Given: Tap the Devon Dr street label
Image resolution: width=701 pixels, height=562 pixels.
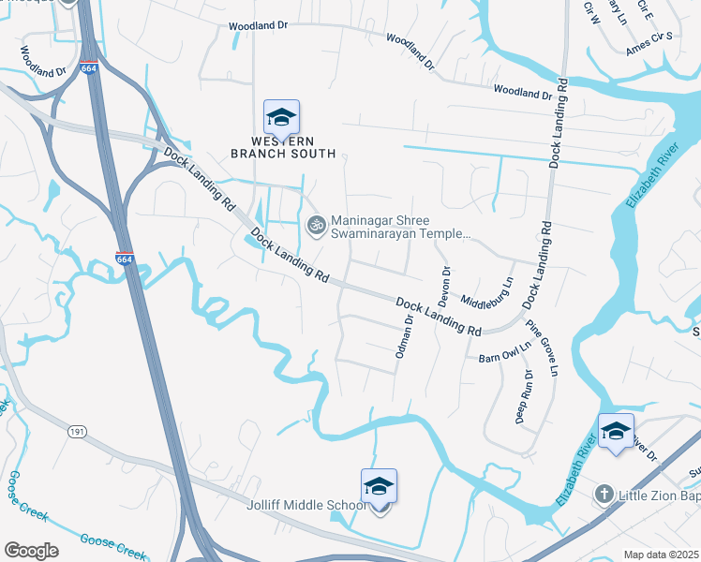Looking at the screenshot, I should click(444, 285).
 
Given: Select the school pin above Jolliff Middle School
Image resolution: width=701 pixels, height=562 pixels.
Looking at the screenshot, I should click(379, 487).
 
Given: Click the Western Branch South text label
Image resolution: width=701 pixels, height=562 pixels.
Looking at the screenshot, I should click(281, 147).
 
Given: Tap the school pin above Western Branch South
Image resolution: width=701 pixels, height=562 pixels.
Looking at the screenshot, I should click(281, 119).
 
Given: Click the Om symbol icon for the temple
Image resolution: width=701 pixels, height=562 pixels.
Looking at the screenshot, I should click(316, 224).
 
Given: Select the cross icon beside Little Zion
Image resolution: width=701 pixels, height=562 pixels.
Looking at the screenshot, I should click(604, 494).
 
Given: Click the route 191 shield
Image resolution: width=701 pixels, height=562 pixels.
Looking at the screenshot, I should click(78, 432).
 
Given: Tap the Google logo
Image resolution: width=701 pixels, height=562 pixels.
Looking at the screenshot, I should click(31, 551).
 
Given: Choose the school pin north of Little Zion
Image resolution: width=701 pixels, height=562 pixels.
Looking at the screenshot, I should click(616, 431).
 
